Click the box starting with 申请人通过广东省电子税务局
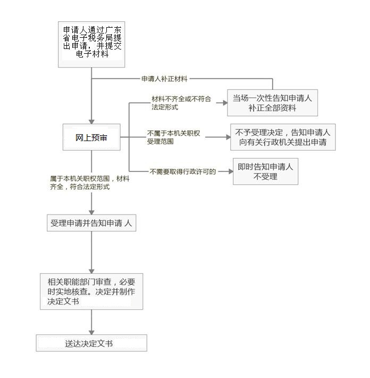(91, 44)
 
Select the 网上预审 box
(91, 137)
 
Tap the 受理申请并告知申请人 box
(91, 223)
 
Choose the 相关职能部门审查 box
(91, 291)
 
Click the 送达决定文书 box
(91, 343)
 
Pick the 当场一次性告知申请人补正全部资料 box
(273, 103)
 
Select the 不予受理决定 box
(283, 137)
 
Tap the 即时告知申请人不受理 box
(265, 171)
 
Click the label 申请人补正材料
(164, 79)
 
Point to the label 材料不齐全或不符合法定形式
(181, 103)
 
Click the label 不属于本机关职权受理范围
(173, 137)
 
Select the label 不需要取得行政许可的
(183, 171)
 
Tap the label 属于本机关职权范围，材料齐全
(90, 183)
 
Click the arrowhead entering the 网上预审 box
(91, 121)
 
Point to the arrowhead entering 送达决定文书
(91, 332)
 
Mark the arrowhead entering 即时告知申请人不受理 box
(231, 171)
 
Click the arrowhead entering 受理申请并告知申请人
(91, 212)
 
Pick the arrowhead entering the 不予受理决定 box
(228, 137)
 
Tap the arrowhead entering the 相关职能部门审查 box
(91, 271)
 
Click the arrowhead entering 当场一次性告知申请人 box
(225, 103)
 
